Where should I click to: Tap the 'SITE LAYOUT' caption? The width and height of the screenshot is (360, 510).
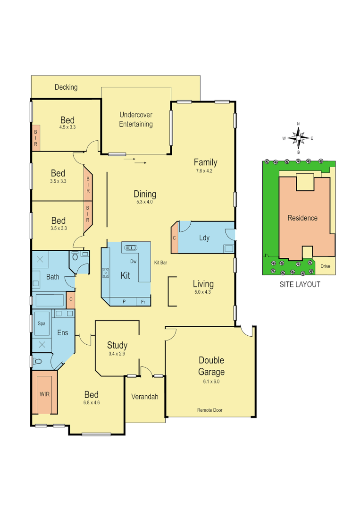point(300,284)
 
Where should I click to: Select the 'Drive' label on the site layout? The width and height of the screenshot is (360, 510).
point(325,266)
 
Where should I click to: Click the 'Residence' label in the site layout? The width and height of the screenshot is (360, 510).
point(302,218)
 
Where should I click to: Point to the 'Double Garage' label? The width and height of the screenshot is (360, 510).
point(211,366)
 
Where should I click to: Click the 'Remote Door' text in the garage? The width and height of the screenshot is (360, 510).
point(209,410)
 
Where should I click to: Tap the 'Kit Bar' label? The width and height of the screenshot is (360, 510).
point(161,262)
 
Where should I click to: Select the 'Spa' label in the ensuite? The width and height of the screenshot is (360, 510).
point(42,323)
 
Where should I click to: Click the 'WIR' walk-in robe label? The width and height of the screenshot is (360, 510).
point(44,393)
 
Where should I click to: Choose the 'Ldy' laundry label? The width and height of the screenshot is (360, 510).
point(204,238)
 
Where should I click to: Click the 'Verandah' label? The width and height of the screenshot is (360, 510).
point(144,397)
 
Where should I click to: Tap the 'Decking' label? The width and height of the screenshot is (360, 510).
point(66,87)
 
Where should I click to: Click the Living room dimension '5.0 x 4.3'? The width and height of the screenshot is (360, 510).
point(203,292)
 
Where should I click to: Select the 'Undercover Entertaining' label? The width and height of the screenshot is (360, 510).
point(136,119)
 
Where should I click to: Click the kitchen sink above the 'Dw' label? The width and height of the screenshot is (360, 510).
point(130,247)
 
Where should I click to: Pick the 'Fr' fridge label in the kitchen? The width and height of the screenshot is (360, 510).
point(142,301)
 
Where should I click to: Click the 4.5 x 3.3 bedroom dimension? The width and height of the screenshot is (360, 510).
point(67,127)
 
